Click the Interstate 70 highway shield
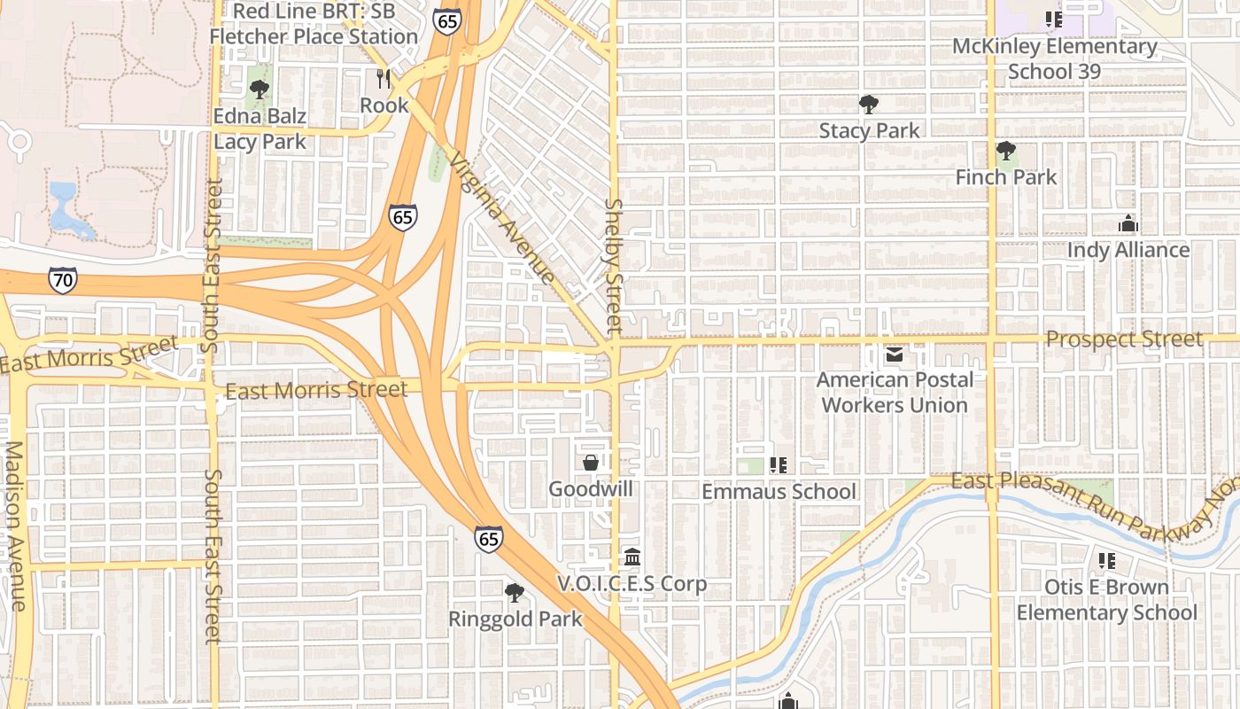(62, 281)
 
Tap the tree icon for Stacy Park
(869, 105)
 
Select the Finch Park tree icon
(1005, 151)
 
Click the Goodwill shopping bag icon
(591, 463)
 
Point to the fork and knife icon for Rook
(384, 79)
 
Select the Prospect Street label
(1124, 339)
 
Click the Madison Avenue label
(15, 526)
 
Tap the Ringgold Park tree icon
(514, 592)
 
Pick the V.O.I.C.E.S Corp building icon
(632, 557)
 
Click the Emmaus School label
(779, 491)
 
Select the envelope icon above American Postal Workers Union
(894, 354)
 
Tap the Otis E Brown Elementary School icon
(1106, 561)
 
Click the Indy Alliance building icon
(1128, 223)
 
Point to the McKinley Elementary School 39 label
(1054, 58)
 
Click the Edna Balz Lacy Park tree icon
(259, 89)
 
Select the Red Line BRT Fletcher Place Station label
(313, 24)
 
